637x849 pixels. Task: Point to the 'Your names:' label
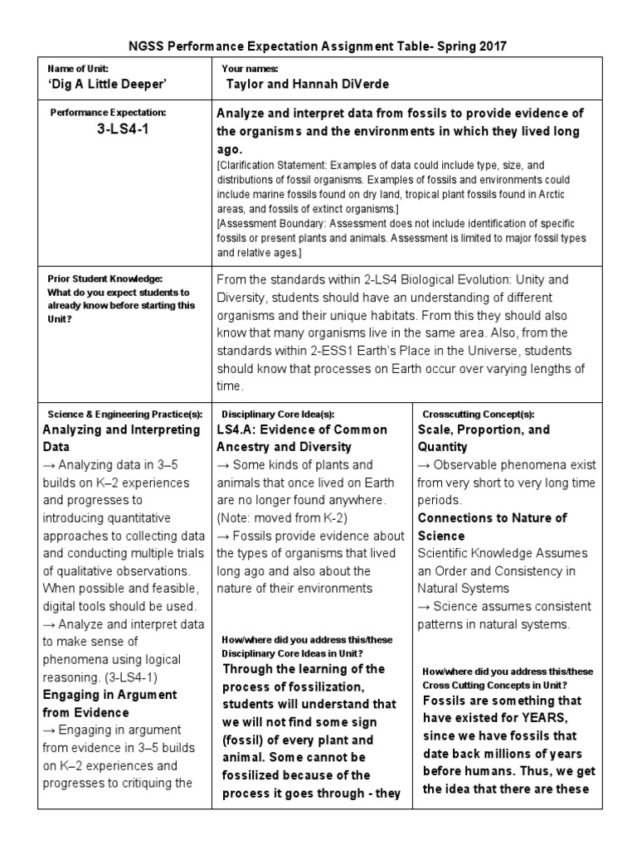[x=250, y=69]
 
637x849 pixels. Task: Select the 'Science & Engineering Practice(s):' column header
[x=124, y=413]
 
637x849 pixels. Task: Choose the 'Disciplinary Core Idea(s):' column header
[x=278, y=413]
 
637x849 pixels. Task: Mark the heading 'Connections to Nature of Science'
[x=492, y=526]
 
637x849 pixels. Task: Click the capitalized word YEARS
[x=540, y=717]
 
